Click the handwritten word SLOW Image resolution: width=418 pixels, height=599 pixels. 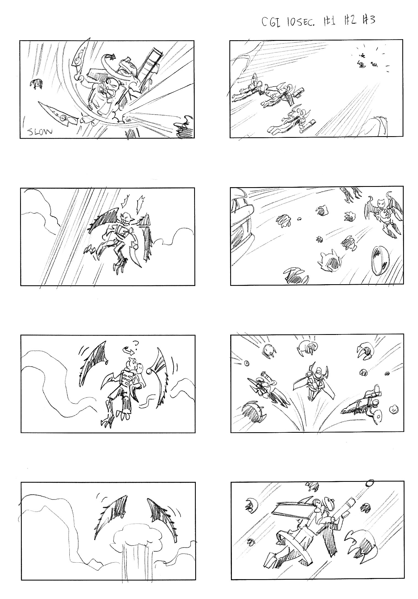[39, 132]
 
